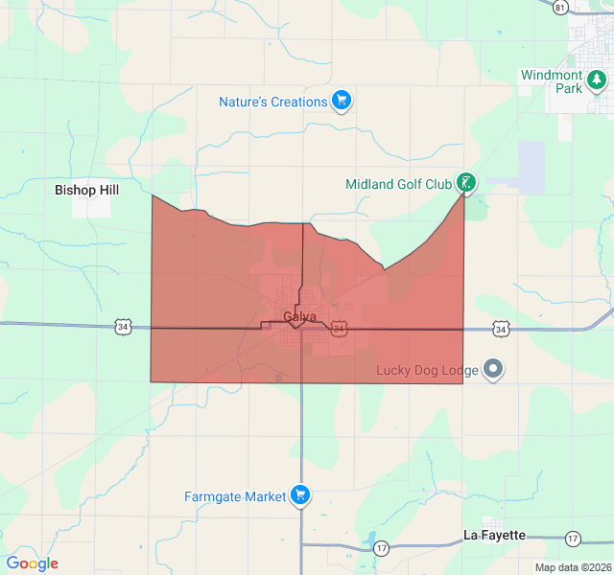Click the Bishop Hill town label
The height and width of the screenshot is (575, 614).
(86, 190)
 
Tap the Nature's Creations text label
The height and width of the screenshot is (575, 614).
(272, 102)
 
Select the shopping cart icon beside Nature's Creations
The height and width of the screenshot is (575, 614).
(342, 101)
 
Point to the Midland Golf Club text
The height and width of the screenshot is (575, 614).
(398, 184)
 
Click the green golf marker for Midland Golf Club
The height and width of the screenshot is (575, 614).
(465, 181)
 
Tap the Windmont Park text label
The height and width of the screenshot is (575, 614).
(552, 81)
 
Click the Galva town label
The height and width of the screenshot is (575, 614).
(299, 317)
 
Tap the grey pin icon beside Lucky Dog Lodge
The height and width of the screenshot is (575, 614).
(493, 368)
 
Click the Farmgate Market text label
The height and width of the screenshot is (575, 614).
(235, 496)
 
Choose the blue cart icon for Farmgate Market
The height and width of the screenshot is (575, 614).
(301, 494)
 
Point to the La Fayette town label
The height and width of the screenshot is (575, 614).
(494, 535)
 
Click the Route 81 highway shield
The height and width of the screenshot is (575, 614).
(560, 7)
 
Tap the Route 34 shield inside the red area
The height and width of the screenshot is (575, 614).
(339, 328)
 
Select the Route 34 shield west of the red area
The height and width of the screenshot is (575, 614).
(122, 327)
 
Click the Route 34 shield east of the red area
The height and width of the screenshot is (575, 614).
(501, 329)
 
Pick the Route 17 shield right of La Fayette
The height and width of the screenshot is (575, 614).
(573, 538)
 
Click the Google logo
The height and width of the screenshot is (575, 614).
(32, 563)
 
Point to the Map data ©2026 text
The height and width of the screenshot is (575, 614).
(572, 566)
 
